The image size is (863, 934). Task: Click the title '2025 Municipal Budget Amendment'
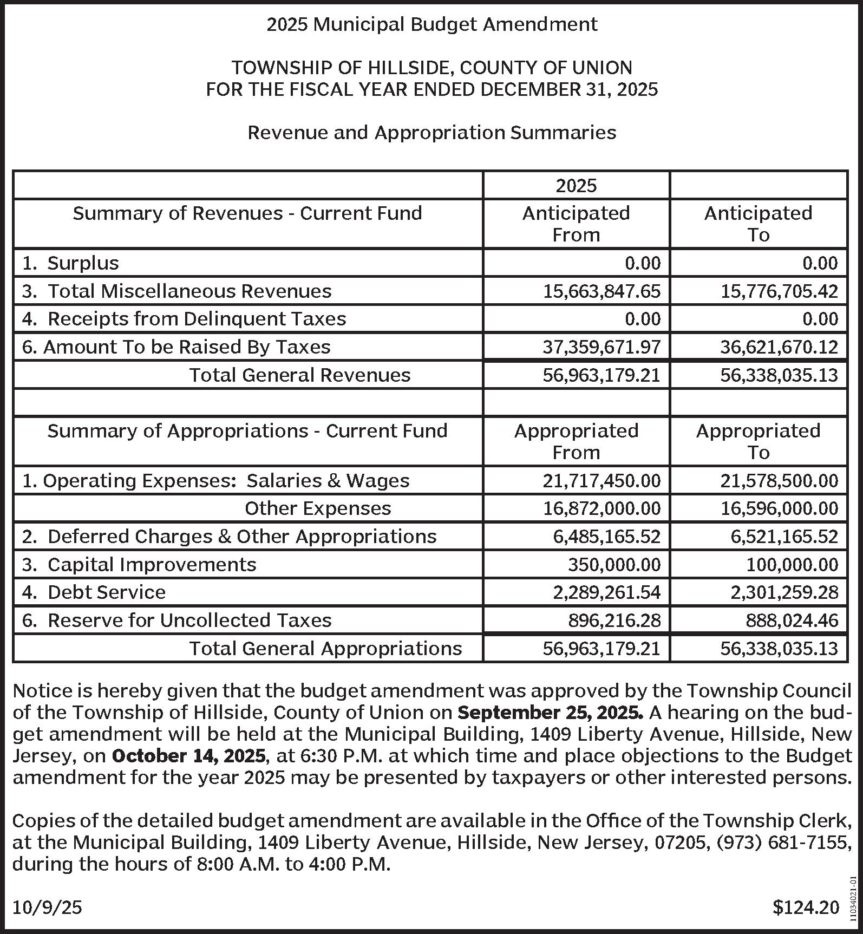tap(431, 24)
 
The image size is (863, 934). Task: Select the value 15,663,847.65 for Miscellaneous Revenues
tap(602, 291)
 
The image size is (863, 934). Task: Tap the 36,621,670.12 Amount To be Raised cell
tap(779, 347)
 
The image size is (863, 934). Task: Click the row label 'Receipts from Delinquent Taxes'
tap(184, 319)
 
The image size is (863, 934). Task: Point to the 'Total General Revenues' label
tap(299, 375)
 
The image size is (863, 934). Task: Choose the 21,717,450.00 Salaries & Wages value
tap(602, 481)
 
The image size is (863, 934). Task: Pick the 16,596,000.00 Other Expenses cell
tap(779, 508)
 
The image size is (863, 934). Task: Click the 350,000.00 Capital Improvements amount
tap(614, 565)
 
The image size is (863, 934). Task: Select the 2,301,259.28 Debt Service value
tap(784, 592)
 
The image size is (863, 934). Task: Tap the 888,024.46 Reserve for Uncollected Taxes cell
tap(792, 621)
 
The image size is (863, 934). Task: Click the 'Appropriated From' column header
tap(576, 441)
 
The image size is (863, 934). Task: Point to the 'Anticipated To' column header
tap(758, 224)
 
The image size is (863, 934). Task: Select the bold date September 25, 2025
tap(550, 713)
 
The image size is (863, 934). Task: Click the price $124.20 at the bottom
tap(806, 907)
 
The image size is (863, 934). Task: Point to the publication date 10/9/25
tap(47, 907)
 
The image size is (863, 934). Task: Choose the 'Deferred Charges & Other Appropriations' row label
tap(229, 537)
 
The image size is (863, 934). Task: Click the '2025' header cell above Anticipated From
tap(576, 186)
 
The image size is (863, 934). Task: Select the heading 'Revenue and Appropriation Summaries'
tap(431, 133)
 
